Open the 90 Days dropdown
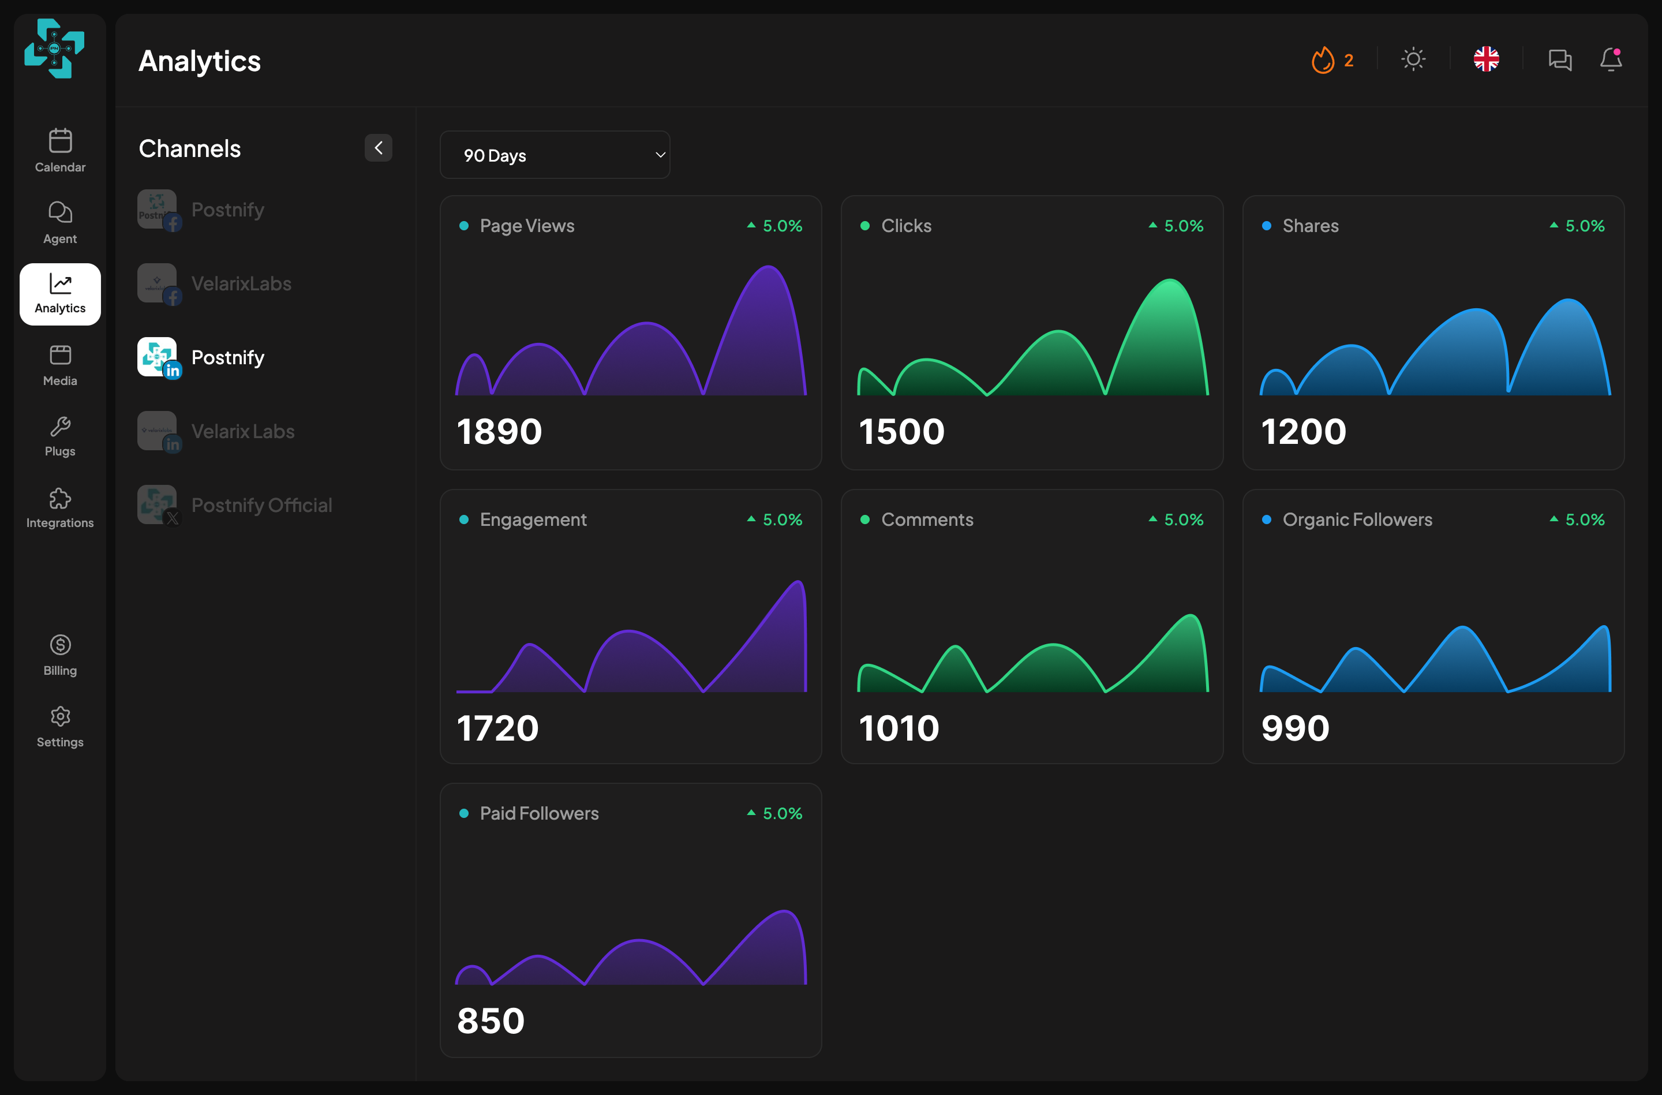tap(555, 155)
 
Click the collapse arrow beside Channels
tap(379, 148)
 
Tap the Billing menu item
tap(60, 655)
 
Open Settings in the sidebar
tap(60, 727)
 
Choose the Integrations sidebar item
tap(60, 508)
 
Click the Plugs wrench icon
tap(60, 426)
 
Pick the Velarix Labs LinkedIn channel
tap(216, 431)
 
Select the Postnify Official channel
tap(235, 505)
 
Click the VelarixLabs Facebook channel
tap(214, 283)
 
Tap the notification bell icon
tap(1611, 59)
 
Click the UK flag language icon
tap(1486, 59)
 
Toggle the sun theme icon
tap(1413, 59)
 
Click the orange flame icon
tap(1323, 60)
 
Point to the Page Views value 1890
tap(499, 431)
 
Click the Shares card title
tap(1310, 226)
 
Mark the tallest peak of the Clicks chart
tap(1169, 280)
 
